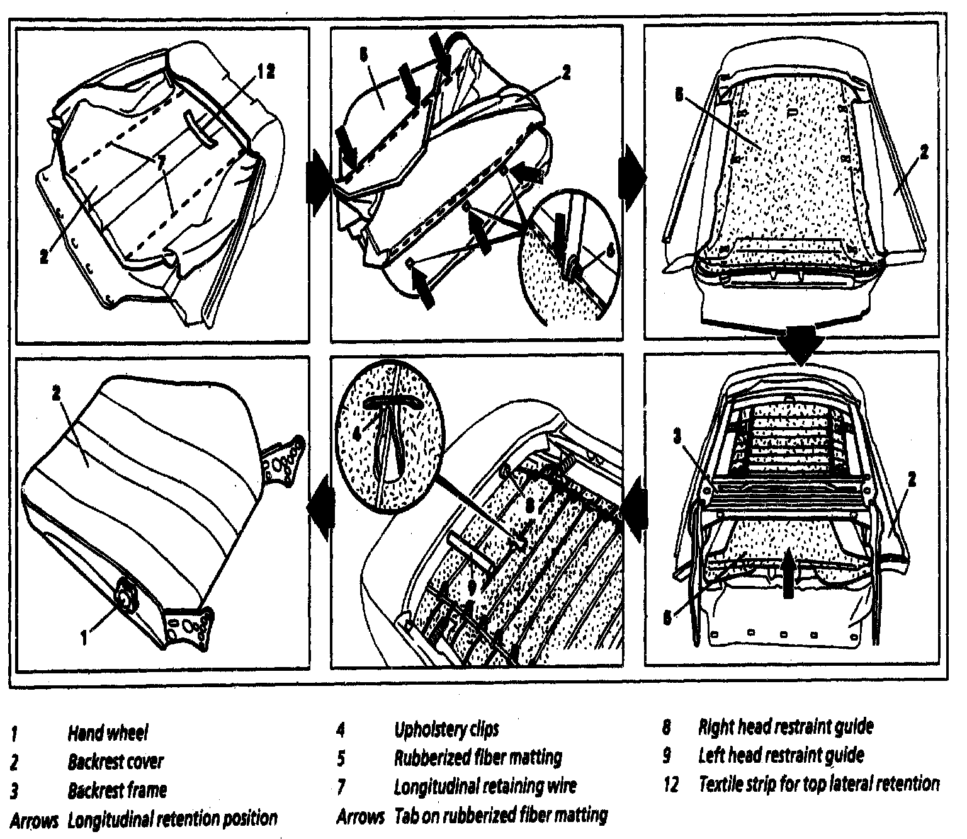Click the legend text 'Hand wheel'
point(108,733)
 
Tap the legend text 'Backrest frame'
point(117,790)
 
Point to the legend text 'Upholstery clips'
point(446,729)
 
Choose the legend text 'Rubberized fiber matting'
point(478,757)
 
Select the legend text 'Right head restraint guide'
point(786,727)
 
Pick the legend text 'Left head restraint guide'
point(781,755)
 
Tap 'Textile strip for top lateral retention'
point(818,784)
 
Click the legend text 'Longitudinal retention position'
point(172,819)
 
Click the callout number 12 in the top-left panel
point(265,72)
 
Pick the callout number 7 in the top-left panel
point(162,163)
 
